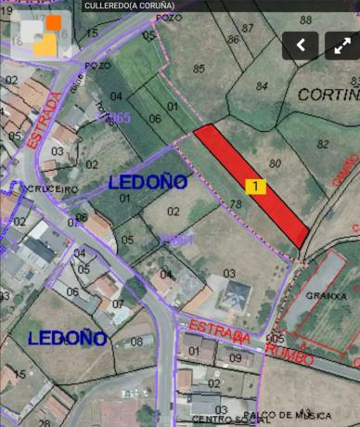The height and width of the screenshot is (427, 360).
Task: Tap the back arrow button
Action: tap(300, 45)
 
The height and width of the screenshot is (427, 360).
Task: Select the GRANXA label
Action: tap(325, 296)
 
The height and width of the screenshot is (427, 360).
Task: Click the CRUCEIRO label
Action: tap(58, 188)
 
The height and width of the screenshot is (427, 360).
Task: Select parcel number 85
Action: tap(199, 68)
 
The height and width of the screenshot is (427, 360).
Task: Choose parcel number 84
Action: tap(262, 86)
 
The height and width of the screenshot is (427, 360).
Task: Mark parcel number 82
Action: tap(323, 143)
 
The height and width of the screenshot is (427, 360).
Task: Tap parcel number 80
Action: tap(275, 163)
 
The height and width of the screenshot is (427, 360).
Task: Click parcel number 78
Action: tap(235, 203)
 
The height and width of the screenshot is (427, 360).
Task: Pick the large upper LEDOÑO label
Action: tap(148, 182)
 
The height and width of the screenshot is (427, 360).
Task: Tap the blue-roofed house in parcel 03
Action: tap(234, 296)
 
